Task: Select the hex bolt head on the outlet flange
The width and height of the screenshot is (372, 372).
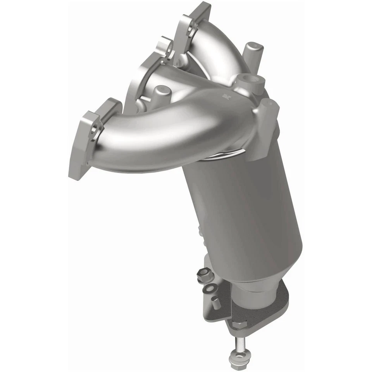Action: (x=239, y=325)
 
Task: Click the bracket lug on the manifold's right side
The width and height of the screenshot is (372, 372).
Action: (x=267, y=124)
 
